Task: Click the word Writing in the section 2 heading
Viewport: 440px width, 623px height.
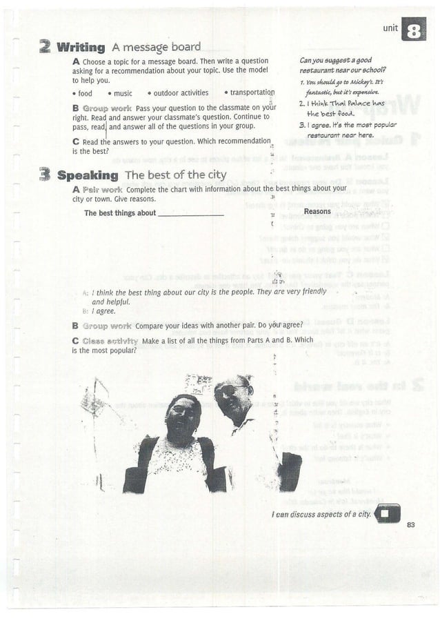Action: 81,48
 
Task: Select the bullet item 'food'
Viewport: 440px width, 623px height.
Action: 84,93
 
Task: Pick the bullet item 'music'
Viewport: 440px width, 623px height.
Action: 122,93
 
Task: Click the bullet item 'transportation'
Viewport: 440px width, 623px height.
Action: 251,92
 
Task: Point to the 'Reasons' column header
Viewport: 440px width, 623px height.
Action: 317,211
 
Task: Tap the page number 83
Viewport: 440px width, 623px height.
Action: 411,526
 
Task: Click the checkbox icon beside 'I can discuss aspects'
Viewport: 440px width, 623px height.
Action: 389,514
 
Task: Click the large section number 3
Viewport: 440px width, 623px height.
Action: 45,175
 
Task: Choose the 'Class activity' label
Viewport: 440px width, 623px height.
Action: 110,341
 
